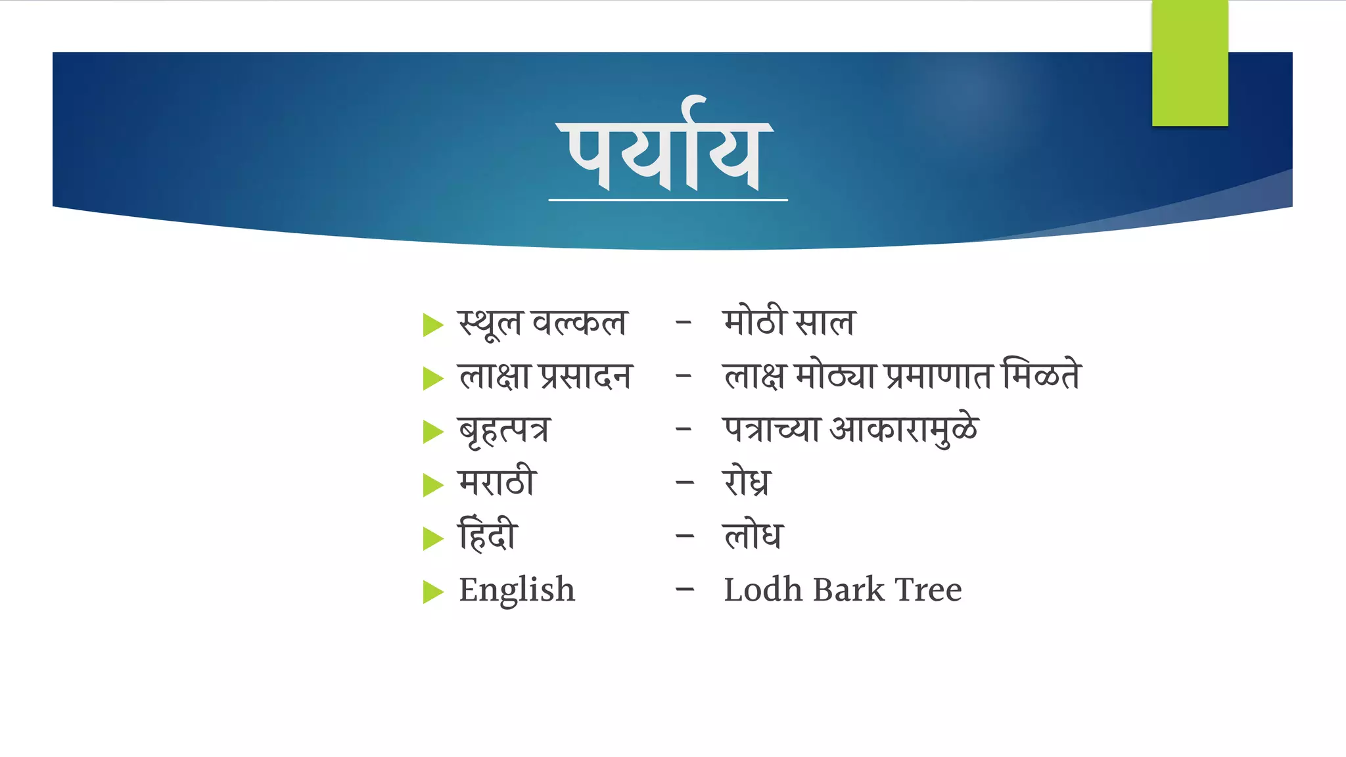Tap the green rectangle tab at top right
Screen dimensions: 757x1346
(x=1190, y=63)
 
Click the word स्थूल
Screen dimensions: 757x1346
(x=490, y=323)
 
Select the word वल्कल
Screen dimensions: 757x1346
(x=579, y=323)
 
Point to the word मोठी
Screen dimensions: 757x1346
(x=754, y=322)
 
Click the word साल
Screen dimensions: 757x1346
(x=825, y=323)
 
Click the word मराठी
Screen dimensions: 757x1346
(x=498, y=482)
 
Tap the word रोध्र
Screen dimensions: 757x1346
(x=746, y=482)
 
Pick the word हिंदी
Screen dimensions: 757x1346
(x=488, y=535)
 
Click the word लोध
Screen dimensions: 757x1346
(x=753, y=535)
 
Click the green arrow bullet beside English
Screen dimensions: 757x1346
(x=433, y=591)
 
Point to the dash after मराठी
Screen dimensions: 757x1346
(x=684, y=483)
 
